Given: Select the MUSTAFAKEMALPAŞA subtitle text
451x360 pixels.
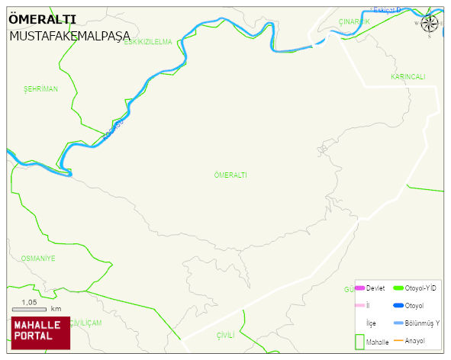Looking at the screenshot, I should click(70, 36).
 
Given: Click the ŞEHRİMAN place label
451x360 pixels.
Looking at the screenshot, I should click(40, 89).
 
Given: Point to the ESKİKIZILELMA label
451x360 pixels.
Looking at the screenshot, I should click(148, 42).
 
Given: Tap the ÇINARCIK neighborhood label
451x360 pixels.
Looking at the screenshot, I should click(354, 22).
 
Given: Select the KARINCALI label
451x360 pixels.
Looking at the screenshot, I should click(408, 77).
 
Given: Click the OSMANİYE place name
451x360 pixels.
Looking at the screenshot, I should click(38, 259).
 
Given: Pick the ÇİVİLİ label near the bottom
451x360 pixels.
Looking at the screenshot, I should click(225, 336).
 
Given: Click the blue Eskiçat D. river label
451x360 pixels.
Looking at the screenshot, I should click(385, 10).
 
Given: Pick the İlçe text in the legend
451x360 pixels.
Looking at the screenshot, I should click(371, 323).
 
